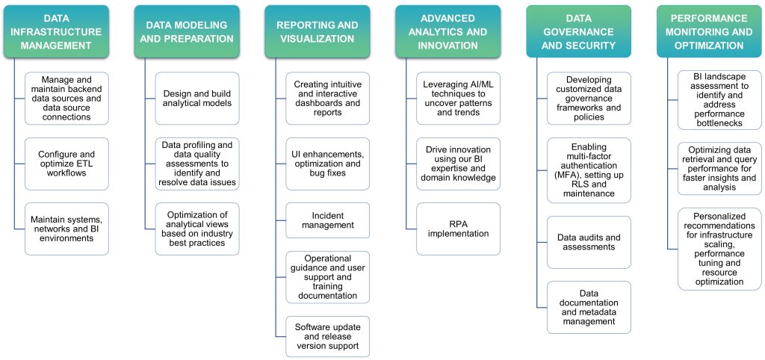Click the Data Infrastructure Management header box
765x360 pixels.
(61, 31)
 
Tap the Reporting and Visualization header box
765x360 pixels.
(318, 31)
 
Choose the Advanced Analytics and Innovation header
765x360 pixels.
(447, 31)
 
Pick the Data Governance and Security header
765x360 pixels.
(578, 31)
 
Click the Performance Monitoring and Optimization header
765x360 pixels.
(709, 31)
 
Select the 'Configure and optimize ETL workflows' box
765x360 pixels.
(66, 164)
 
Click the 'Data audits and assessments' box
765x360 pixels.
(589, 243)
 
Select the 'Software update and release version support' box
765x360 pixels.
(327, 336)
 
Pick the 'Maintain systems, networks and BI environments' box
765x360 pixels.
(66, 229)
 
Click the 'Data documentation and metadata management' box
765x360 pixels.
(589, 307)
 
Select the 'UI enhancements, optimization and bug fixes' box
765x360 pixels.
(327, 164)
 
